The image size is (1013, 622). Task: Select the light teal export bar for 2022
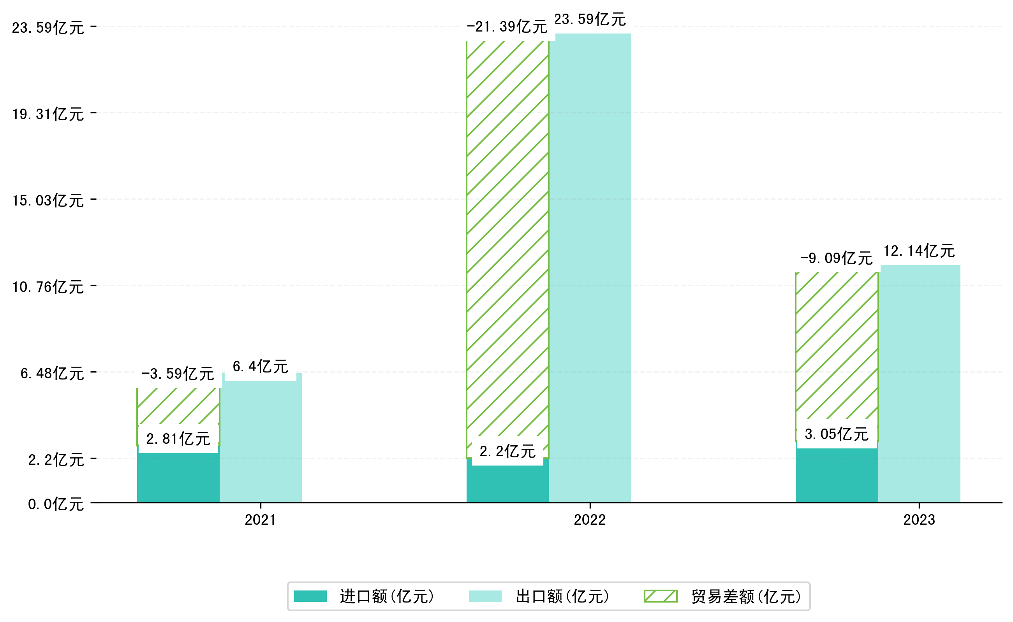click(590, 267)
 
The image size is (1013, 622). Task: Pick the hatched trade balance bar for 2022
click(507, 247)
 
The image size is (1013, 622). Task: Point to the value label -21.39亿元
click(507, 27)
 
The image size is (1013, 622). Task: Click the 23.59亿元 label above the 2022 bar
click(590, 20)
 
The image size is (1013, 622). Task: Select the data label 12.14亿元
click(919, 251)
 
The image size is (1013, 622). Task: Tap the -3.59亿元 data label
click(178, 374)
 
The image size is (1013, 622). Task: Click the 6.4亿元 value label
click(260, 367)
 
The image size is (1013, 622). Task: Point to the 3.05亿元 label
click(837, 434)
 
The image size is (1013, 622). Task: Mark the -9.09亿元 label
click(836, 258)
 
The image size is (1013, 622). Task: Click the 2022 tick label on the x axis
click(590, 520)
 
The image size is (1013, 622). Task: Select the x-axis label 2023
click(919, 520)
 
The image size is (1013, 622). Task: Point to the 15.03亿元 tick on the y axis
click(48, 201)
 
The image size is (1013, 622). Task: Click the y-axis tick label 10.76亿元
click(48, 287)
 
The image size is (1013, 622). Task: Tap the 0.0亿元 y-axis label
click(56, 504)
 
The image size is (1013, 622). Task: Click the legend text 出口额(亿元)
click(562, 596)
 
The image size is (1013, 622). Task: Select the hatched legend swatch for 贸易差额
click(660, 596)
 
